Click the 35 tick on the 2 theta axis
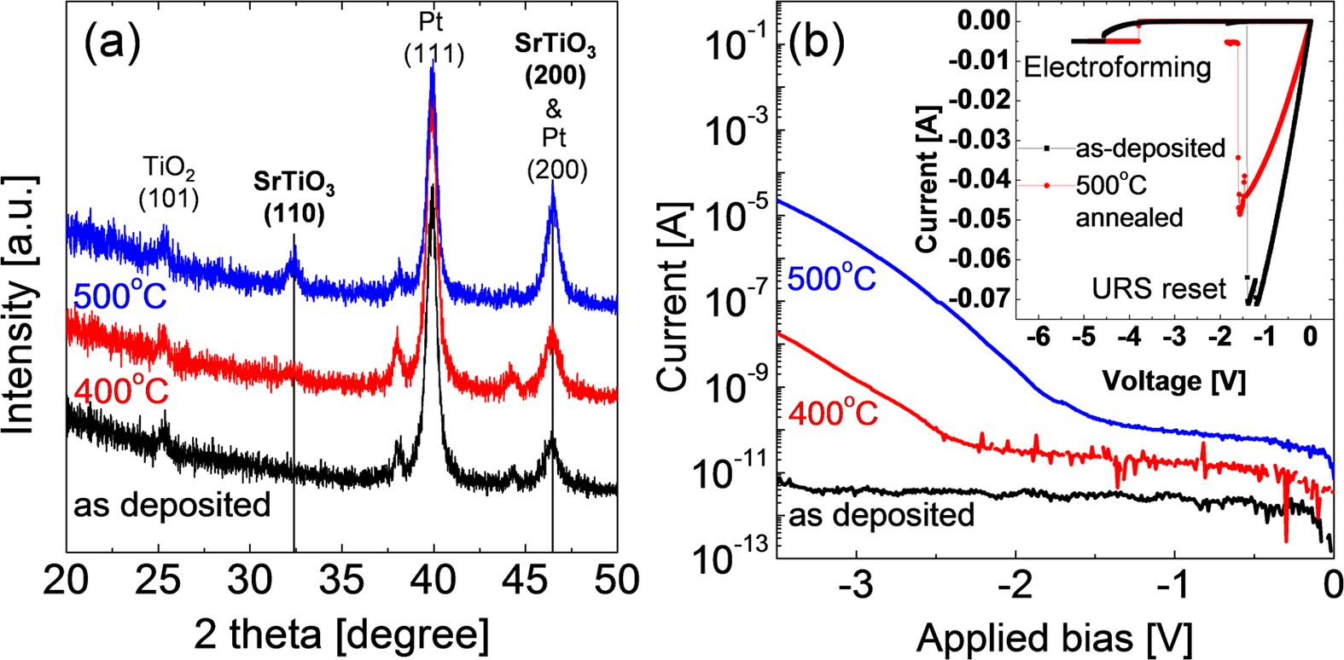click(341, 582)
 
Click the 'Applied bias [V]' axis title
click(1054, 636)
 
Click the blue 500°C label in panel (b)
click(833, 277)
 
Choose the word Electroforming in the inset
click(1117, 67)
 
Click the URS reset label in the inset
click(1158, 287)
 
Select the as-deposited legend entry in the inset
click(1149, 148)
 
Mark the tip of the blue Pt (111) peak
click(433, 70)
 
